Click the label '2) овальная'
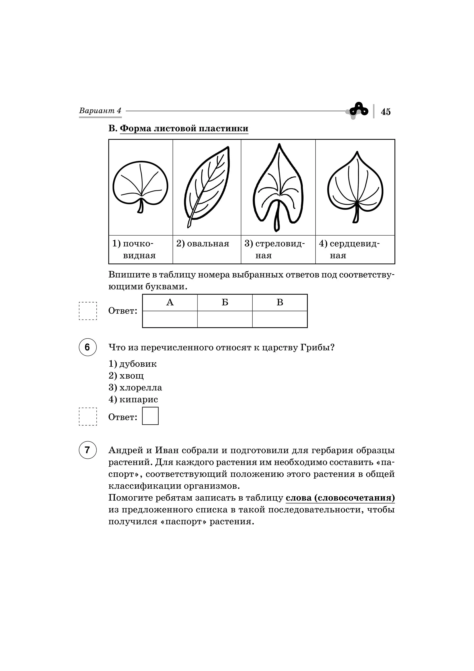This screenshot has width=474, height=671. (x=203, y=244)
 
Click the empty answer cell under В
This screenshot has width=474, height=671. (x=280, y=319)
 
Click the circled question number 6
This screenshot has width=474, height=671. (x=87, y=347)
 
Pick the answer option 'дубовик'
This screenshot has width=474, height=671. (x=138, y=364)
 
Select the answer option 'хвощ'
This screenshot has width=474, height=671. (x=131, y=376)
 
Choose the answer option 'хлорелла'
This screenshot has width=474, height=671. (x=140, y=388)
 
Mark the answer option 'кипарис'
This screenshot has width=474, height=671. (x=139, y=399)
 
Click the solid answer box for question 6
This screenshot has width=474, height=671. (x=150, y=416)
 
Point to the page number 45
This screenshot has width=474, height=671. (x=386, y=112)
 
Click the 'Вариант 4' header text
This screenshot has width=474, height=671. (x=100, y=111)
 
